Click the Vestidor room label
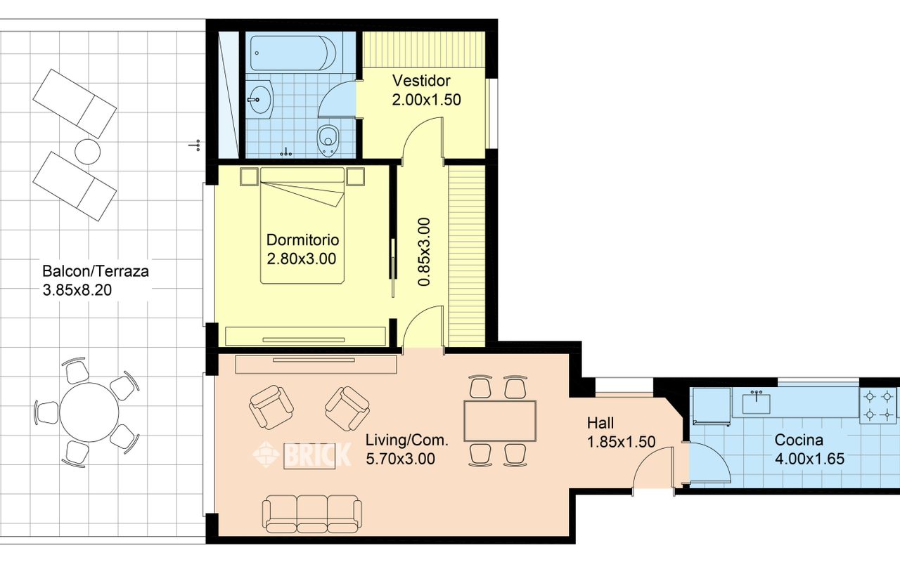(421, 81)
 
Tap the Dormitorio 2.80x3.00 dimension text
(302, 259)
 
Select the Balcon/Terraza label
(96, 271)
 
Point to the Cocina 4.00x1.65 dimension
(809, 459)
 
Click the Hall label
(600, 423)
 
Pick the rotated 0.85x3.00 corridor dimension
(424, 252)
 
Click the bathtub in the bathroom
(293, 53)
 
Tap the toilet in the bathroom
(328, 140)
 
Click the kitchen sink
(756, 403)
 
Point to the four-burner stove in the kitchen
(878, 405)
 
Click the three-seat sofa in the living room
(311, 514)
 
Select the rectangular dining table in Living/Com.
(500, 421)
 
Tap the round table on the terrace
(89, 412)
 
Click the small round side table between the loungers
(88, 151)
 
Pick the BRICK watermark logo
(302, 455)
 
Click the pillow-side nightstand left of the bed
(249, 176)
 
